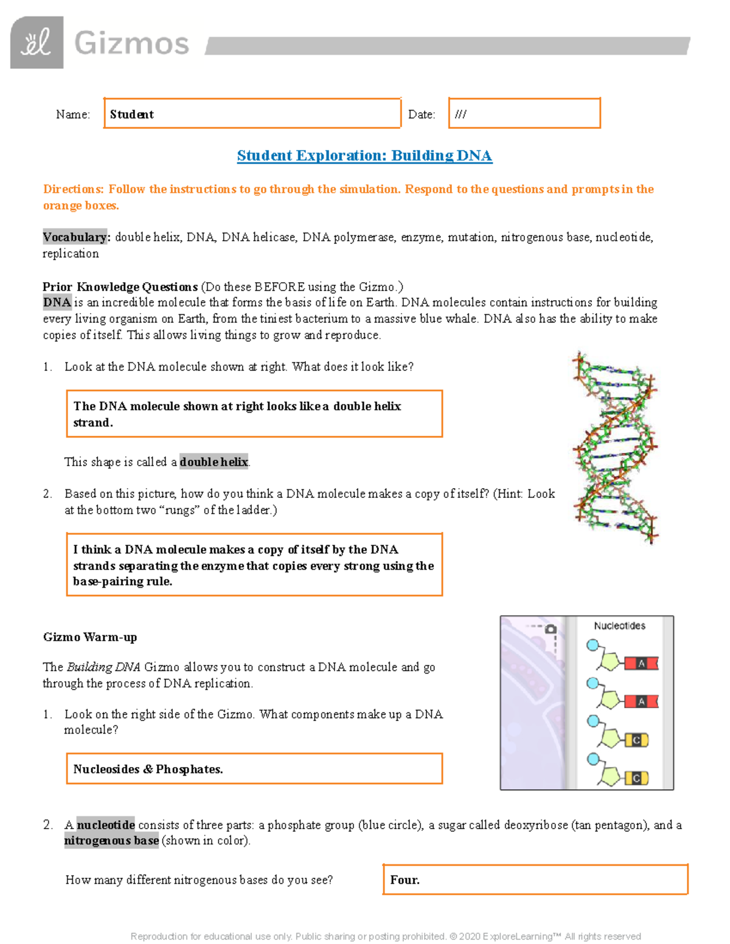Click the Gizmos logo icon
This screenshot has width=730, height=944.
point(36,43)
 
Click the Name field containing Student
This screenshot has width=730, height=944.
point(252,114)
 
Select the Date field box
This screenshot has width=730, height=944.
point(524,114)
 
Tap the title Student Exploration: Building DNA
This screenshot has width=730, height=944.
point(364,156)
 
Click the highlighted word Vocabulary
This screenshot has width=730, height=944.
point(75,237)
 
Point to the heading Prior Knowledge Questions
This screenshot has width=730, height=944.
point(120,286)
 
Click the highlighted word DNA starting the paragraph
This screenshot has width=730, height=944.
point(57,302)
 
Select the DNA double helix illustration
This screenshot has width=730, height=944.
point(615,447)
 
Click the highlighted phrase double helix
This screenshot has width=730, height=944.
point(214,462)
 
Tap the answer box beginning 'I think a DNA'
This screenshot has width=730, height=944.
point(254,565)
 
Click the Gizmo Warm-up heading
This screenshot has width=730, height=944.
point(90,637)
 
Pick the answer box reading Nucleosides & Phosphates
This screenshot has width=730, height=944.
point(254,769)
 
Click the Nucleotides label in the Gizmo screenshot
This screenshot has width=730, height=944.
point(619,625)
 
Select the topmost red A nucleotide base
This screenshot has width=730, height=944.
point(641,664)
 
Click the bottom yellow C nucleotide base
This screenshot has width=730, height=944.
point(636,778)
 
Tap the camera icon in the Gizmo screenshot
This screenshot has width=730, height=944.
point(551,629)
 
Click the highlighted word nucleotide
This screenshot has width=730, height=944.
point(106,825)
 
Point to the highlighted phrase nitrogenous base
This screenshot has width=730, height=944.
point(111,841)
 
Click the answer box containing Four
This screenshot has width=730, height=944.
point(535,880)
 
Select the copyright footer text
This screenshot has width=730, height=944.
point(386,936)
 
